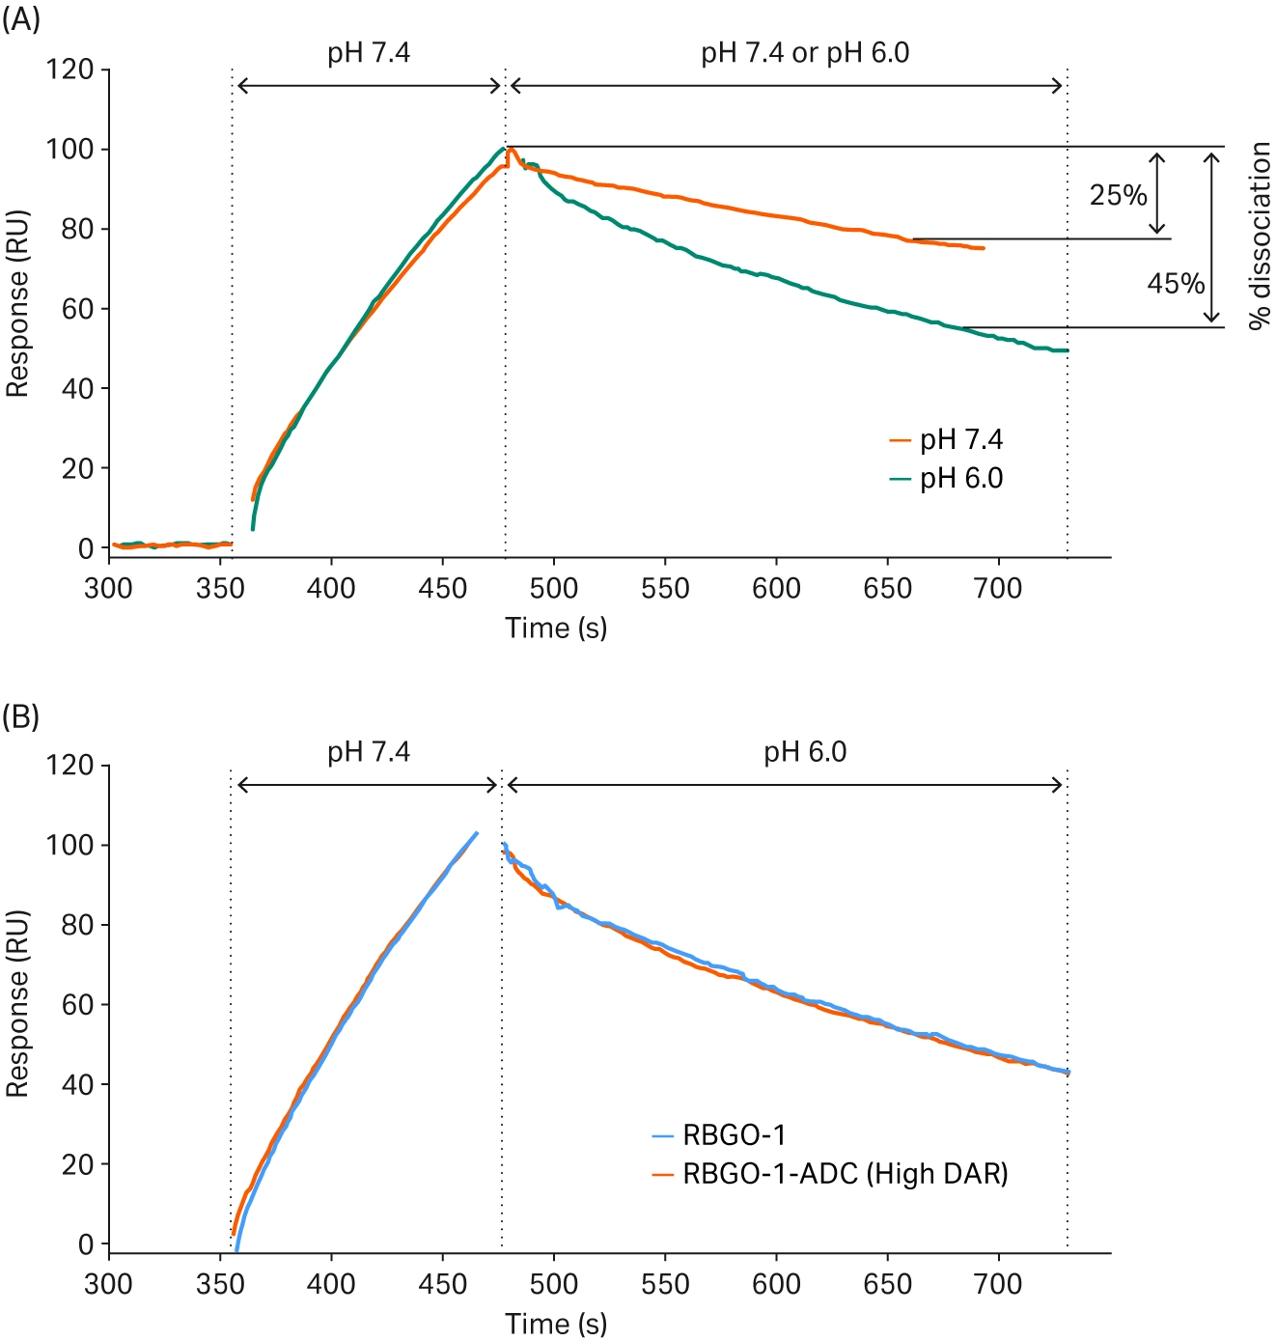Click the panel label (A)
[20, 18]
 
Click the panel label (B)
[20, 716]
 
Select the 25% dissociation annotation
[1118, 195]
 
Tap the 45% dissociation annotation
[1175, 284]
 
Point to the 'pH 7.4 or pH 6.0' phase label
[805, 53]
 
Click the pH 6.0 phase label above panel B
[805, 752]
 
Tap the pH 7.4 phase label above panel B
[369, 752]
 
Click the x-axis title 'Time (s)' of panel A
[556, 629]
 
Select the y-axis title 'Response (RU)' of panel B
[17, 1004]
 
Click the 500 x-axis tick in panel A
[554, 588]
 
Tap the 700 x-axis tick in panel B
[998, 1284]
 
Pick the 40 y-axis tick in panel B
[77, 1085]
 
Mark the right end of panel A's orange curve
[983, 248]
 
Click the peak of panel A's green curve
[503, 149]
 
